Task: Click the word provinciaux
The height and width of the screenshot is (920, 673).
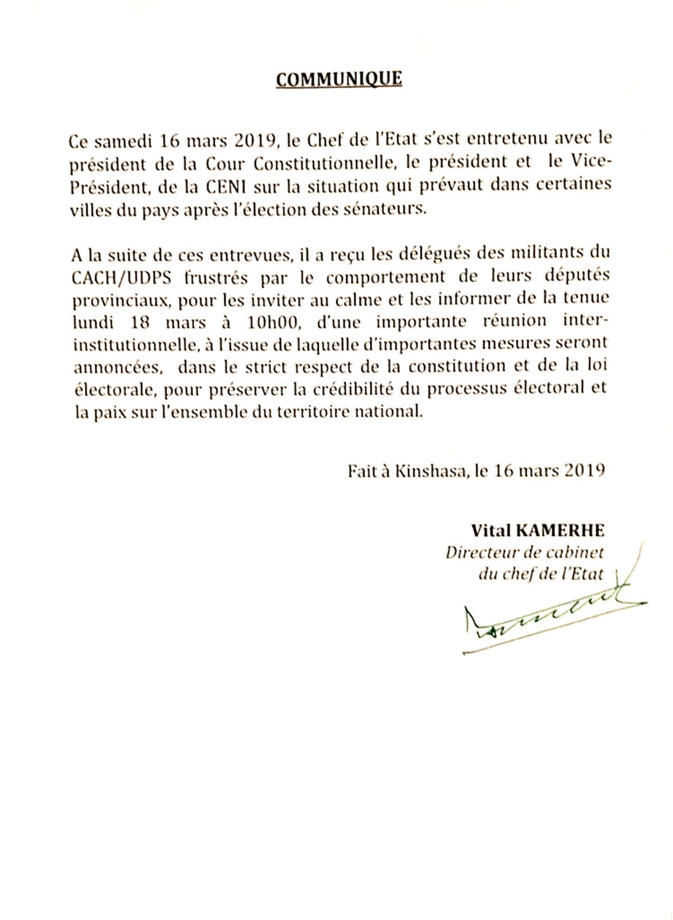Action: (119, 300)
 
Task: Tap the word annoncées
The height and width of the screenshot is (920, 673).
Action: (118, 367)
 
